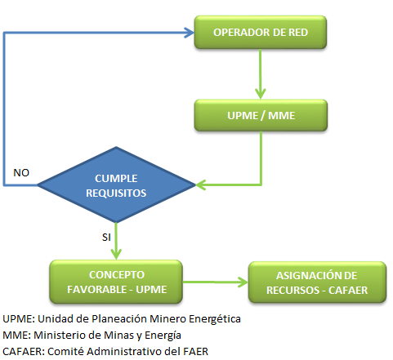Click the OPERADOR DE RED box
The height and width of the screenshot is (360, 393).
(260, 33)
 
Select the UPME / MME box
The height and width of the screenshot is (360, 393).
(261, 115)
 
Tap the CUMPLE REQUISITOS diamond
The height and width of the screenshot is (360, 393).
(116, 184)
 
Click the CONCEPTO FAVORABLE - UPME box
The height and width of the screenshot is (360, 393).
(116, 282)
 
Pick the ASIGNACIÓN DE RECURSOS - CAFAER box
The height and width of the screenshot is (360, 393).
(317, 282)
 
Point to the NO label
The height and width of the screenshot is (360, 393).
(21, 173)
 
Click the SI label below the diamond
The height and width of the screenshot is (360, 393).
(106, 238)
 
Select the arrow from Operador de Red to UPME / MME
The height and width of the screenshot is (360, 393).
(261, 74)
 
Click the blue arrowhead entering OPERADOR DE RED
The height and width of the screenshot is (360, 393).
(189, 33)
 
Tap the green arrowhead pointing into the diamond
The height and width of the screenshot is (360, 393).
(200, 185)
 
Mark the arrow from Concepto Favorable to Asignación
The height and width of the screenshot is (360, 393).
(215, 282)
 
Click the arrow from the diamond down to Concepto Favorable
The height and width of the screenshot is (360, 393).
(116, 241)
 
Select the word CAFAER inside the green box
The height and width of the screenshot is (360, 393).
(348, 291)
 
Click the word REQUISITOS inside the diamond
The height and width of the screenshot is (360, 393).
(116, 193)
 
